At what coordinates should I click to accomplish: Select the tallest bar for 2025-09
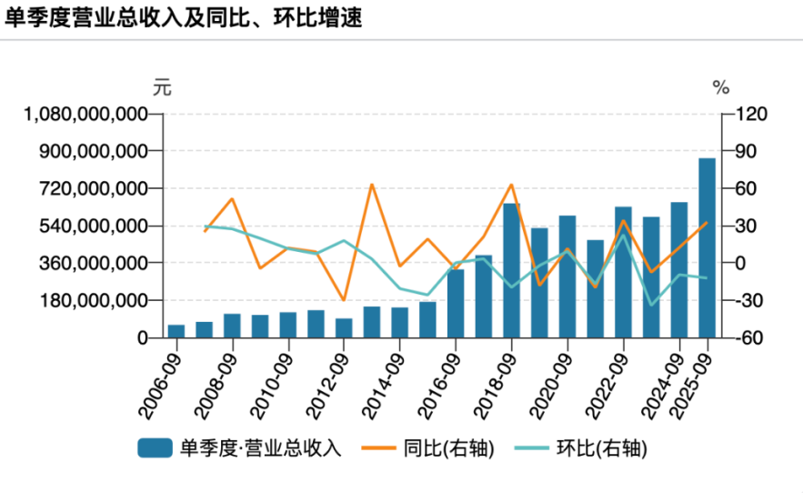click(x=707, y=247)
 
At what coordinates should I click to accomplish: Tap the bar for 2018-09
click(x=512, y=270)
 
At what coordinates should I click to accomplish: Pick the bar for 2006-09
click(x=176, y=331)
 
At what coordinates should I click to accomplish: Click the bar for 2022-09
click(x=623, y=272)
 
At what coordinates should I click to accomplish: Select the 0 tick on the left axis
click(x=142, y=337)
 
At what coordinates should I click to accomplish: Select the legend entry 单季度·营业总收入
click(x=240, y=448)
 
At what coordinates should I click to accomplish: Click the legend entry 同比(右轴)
click(x=428, y=448)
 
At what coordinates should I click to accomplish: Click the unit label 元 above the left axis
click(x=161, y=88)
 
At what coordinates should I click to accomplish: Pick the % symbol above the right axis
click(x=721, y=88)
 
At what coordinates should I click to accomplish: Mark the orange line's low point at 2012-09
click(x=344, y=300)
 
